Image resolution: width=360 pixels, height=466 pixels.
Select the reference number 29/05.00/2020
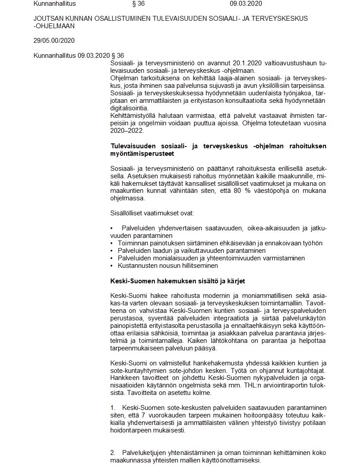pyautogui.click(x=54, y=41)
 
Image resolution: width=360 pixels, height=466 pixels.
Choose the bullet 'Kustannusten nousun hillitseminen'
pyautogui.click(x=168, y=266)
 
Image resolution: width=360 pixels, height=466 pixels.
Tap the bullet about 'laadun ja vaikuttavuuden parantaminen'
pyautogui.click(x=191, y=250)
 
